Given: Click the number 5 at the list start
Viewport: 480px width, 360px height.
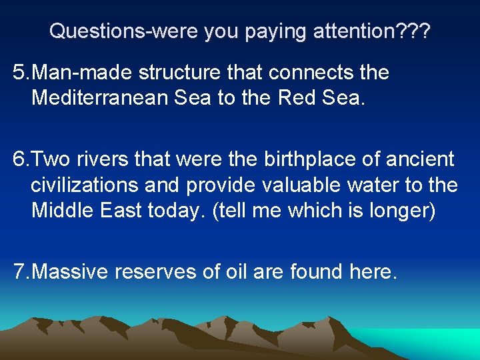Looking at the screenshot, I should point(18,72).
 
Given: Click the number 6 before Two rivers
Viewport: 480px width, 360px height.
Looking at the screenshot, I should point(19,159).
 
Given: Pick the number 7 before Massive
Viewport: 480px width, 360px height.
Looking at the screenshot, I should point(19,271).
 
